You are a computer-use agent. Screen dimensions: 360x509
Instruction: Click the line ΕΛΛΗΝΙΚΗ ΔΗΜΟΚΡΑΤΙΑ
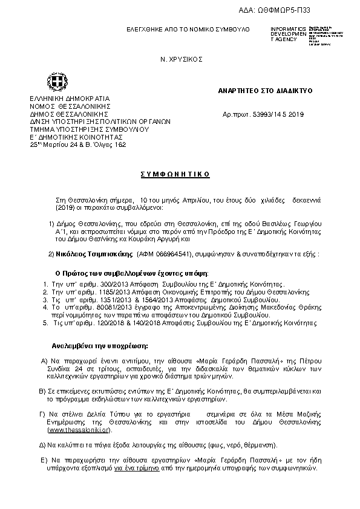coord(66,98)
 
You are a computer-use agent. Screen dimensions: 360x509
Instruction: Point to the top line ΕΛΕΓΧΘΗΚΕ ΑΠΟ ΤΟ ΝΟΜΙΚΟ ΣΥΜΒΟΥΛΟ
coord(188,30)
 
